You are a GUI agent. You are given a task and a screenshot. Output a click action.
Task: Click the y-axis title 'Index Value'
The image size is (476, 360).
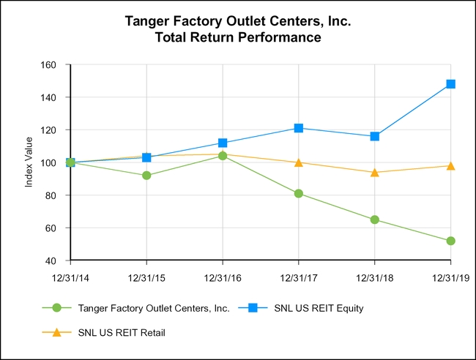tap(29, 162)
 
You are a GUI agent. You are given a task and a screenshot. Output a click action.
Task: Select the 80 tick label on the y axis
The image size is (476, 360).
tap(51, 195)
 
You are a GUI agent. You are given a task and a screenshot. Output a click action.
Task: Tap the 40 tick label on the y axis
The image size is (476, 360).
tap(51, 260)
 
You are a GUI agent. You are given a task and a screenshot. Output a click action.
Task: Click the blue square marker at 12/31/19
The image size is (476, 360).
tap(450, 84)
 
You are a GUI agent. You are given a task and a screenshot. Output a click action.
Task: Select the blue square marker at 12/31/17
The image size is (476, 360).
tap(299, 128)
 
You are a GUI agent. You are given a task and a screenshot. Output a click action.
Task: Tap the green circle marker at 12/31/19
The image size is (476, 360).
tap(450, 241)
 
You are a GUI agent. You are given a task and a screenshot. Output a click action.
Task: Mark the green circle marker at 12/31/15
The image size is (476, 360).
tap(146, 176)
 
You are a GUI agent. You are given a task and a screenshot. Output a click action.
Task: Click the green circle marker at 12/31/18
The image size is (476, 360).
tap(375, 220)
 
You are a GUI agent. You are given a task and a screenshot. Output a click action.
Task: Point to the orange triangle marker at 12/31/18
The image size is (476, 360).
tap(375, 172)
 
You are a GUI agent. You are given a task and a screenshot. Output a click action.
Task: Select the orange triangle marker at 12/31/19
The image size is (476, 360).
tap(450, 165)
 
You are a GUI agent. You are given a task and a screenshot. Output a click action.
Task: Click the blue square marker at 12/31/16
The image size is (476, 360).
tap(223, 143)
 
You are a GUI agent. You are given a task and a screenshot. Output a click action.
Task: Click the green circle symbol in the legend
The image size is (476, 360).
tap(59, 308)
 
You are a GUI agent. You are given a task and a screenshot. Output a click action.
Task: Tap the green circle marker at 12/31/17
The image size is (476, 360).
tap(299, 194)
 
